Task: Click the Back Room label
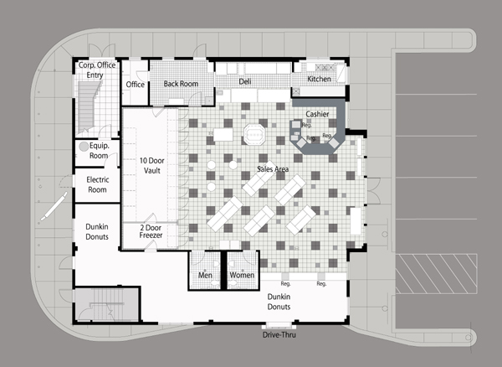(181, 84)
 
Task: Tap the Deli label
(245, 82)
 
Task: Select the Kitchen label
(320, 79)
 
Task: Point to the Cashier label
(317, 114)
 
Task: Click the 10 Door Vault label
(151, 165)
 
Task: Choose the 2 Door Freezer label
(151, 231)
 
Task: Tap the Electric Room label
(98, 184)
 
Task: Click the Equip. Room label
(99, 151)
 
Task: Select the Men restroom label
(205, 275)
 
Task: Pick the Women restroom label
(242, 275)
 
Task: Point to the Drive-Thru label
(279, 335)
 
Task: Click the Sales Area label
(273, 169)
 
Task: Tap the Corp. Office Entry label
(97, 70)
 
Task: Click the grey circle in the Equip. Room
(84, 147)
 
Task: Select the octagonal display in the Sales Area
(254, 135)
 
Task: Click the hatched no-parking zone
(437, 274)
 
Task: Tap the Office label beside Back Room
(135, 85)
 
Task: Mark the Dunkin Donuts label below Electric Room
(97, 232)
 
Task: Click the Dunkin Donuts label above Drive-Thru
(279, 302)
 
